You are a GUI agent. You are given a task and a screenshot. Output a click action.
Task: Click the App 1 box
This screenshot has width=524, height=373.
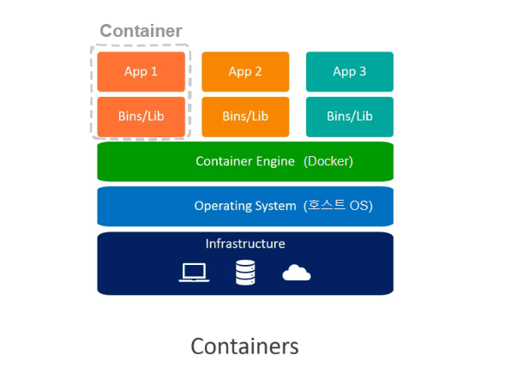pyautogui.click(x=141, y=72)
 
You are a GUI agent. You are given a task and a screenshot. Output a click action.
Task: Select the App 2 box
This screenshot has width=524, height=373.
pyautogui.click(x=245, y=72)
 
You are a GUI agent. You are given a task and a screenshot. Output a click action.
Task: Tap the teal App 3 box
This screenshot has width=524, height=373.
pyautogui.click(x=350, y=72)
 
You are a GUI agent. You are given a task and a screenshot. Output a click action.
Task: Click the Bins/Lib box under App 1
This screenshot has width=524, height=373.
pyautogui.click(x=141, y=117)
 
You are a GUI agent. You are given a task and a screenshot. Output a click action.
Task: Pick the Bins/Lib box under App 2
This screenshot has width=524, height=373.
pyautogui.click(x=245, y=117)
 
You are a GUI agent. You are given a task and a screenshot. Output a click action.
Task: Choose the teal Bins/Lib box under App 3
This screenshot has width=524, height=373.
pyautogui.click(x=350, y=117)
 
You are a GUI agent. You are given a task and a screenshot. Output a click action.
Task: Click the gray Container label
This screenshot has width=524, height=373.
pyautogui.click(x=141, y=31)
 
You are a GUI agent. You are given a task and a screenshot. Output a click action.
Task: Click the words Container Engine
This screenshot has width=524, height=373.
pyautogui.click(x=245, y=161)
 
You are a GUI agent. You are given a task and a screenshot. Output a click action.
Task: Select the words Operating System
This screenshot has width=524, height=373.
pyautogui.click(x=244, y=206)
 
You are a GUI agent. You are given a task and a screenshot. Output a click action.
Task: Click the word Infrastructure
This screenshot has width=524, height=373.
pyautogui.click(x=245, y=244)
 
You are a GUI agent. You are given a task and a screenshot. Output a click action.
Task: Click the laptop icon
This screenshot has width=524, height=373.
pyautogui.click(x=194, y=273)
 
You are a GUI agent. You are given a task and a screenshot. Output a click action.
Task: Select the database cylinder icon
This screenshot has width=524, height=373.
pyautogui.click(x=246, y=273)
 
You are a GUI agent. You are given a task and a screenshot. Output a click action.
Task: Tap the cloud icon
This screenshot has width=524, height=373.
pyautogui.click(x=296, y=273)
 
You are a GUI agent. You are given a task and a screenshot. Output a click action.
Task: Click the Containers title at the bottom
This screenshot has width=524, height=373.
pyautogui.click(x=244, y=346)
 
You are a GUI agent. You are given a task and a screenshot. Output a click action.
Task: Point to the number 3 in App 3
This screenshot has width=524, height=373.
pyautogui.click(x=363, y=72)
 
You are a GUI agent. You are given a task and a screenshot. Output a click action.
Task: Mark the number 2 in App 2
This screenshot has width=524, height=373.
pyautogui.click(x=258, y=72)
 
